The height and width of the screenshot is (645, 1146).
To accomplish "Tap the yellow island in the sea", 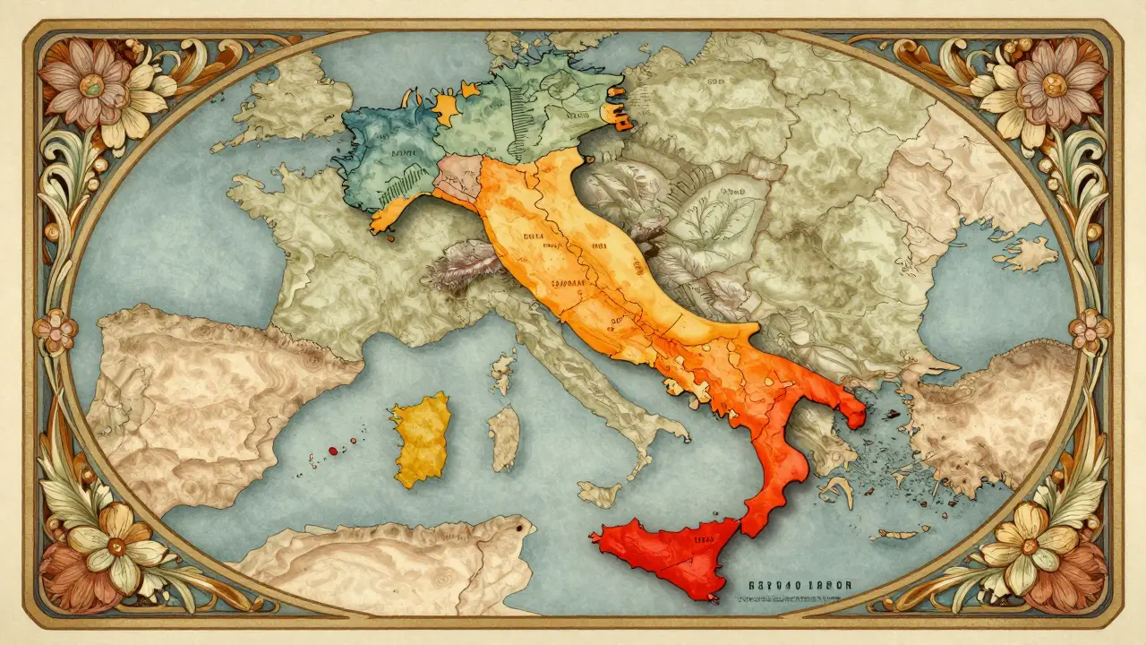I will pyautogui.click(x=420, y=439).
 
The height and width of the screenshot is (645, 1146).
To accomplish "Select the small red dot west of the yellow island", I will pyautogui.click(x=332, y=451).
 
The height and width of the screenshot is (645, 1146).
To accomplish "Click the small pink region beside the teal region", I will pyautogui.click(x=458, y=176).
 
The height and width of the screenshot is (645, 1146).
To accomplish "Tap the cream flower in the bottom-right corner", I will pyautogui.click(x=1031, y=542).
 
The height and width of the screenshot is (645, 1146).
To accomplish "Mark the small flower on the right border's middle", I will pyautogui.click(x=1090, y=329).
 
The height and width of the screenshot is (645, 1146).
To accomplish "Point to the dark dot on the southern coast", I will pyautogui.click(x=518, y=530).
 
